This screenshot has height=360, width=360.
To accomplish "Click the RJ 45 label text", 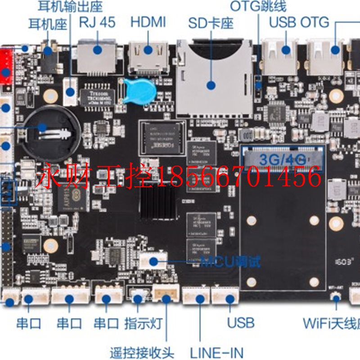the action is [97, 22].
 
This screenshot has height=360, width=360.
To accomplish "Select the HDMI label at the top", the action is [148, 22].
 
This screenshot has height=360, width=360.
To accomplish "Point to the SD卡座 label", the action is [211, 23].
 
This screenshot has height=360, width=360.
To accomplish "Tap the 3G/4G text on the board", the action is [283, 158].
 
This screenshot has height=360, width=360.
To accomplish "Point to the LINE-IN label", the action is [216, 352].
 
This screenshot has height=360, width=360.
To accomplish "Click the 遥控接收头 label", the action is [142, 352].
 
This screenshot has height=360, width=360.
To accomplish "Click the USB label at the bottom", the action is [241, 323].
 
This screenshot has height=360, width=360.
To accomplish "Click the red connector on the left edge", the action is [6, 65].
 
